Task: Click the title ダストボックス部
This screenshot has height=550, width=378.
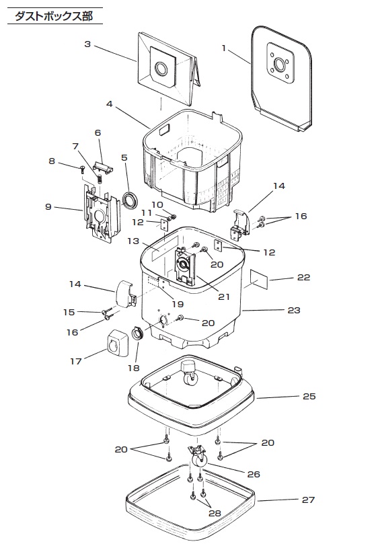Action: pyautogui.click(x=54, y=16)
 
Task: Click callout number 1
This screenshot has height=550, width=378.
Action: pyautogui.click(x=224, y=48)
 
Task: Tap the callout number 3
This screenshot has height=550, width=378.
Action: pyautogui.click(x=87, y=44)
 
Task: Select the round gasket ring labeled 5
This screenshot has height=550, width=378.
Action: pyautogui.click(x=130, y=200)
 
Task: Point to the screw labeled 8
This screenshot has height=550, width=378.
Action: pyautogui.click(x=82, y=169)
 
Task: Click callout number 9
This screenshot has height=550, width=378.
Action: pyautogui.click(x=48, y=206)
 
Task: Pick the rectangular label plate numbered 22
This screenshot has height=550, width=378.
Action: pyautogui.click(x=259, y=279)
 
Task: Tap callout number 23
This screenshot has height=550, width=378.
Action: pyautogui.click(x=294, y=310)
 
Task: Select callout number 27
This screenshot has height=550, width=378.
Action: pyautogui.click(x=308, y=500)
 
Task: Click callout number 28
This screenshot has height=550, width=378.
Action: pyautogui.click(x=215, y=513)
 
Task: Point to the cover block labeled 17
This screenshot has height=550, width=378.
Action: pyautogui.click(x=118, y=343)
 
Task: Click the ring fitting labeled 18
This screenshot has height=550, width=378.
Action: pyautogui.click(x=138, y=333)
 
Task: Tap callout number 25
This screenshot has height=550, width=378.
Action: pyautogui.click(x=309, y=396)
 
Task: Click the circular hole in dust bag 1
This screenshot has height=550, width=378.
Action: pyautogui.click(x=280, y=64)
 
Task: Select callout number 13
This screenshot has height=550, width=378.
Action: pyautogui.click(x=133, y=241)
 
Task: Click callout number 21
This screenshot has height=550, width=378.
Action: pyautogui.click(x=224, y=297)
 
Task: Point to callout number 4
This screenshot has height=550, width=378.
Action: pyautogui.click(x=110, y=104)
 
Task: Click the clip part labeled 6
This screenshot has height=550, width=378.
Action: pyautogui.click(x=104, y=166)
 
